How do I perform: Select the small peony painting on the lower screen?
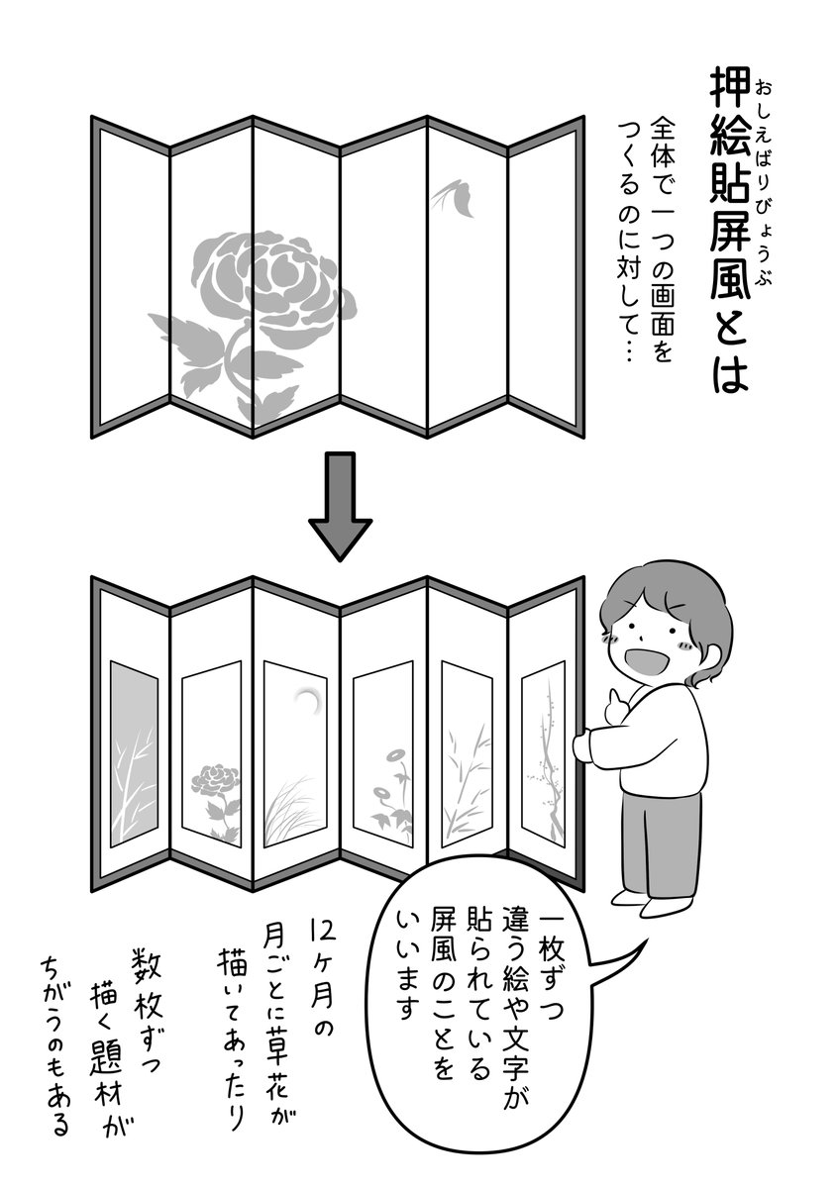(211, 787)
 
